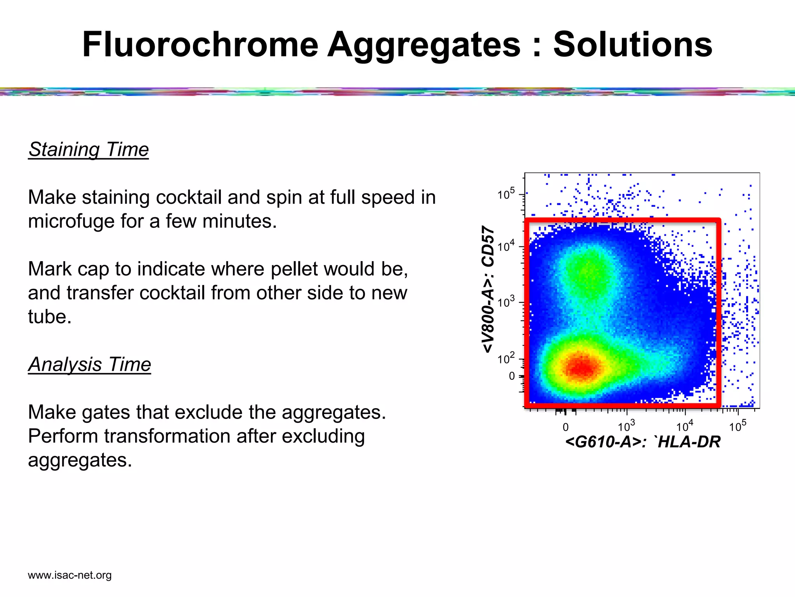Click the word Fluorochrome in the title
click(x=200, y=45)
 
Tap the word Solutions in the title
click(x=632, y=45)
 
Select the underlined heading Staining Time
click(x=89, y=150)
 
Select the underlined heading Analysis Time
click(x=90, y=365)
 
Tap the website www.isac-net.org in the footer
click(x=70, y=575)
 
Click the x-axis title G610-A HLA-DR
click(x=642, y=442)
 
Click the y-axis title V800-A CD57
click(x=488, y=290)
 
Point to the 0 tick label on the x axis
click(x=566, y=427)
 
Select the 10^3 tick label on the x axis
click(x=626, y=426)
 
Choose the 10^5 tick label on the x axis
click(x=737, y=426)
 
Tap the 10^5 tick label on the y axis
click(x=506, y=194)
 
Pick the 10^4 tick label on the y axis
click(x=506, y=246)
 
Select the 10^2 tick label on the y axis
click(x=506, y=358)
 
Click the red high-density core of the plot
click(x=581, y=367)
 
